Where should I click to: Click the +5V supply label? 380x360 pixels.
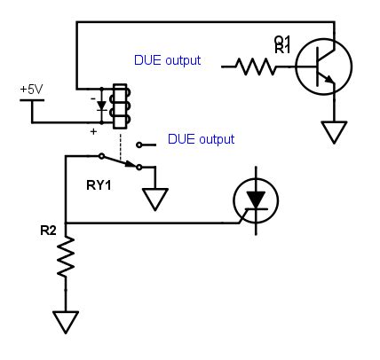[32, 90]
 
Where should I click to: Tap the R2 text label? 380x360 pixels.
[48, 231]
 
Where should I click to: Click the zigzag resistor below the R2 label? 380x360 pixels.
[65, 262]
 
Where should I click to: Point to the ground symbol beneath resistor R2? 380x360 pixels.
[65, 320]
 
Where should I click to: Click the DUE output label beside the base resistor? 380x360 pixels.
[167, 61]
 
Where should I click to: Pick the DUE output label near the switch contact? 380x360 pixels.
[201, 139]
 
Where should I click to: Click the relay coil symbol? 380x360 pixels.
[118, 106]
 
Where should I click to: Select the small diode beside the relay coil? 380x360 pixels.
[101, 106]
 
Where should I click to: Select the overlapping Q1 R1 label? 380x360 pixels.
[282, 44]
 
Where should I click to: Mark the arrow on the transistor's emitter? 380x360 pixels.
[330, 81]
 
